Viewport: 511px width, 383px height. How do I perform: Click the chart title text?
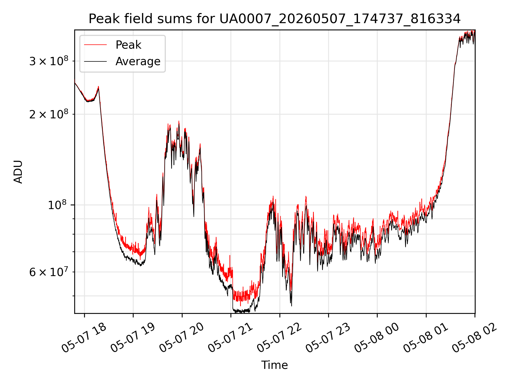(x=274, y=19)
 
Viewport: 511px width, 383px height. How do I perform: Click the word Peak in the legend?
(x=128, y=45)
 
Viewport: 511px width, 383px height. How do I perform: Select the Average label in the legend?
(x=138, y=61)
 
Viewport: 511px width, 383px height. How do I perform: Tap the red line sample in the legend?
(x=95, y=45)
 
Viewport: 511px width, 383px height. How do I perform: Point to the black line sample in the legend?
(x=95, y=61)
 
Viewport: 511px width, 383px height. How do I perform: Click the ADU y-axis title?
(x=18, y=172)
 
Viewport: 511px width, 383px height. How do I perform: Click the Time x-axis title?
(x=274, y=365)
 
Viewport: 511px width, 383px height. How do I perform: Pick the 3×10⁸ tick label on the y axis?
(x=49, y=61)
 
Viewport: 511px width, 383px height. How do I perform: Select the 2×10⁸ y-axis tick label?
(x=49, y=114)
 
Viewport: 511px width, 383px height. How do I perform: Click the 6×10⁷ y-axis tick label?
(x=49, y=272)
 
